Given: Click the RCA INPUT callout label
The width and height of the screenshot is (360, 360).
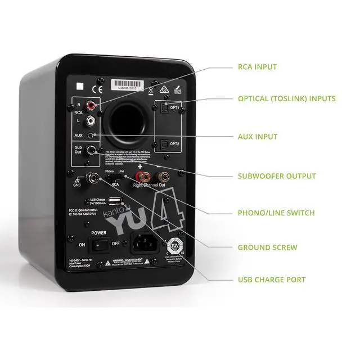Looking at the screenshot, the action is tap(257, 67).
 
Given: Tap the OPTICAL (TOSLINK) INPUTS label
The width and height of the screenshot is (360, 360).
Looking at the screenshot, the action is tap(286, 98).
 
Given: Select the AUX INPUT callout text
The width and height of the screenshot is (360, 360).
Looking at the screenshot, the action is tap(258, 137).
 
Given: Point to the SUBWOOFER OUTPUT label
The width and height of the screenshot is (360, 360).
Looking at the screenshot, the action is tap(277, 176).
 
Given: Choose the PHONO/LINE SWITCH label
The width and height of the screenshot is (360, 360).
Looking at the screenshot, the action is tap(276, 213).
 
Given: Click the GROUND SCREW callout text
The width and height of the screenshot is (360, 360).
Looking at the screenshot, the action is tap(267, 247).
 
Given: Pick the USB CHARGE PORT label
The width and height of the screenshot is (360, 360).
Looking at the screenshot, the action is tap(272, 280).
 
